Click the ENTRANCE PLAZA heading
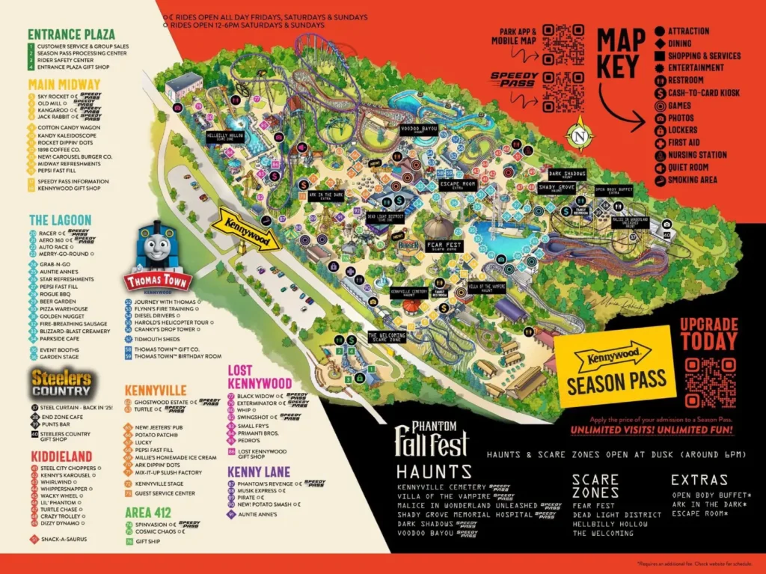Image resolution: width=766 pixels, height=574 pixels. click(x=71, y=34)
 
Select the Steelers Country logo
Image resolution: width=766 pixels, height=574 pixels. click(x=61, y=382)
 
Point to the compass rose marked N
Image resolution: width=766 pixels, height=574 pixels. click(x=583, y=138)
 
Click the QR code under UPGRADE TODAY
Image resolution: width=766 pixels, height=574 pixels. click(x=710, y=382)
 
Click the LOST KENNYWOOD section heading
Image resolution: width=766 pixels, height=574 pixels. click(x=259, y=377)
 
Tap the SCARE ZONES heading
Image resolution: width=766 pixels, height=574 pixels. click(x=595, y=486)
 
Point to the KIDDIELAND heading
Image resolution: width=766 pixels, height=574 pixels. click(x=61, y=457)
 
